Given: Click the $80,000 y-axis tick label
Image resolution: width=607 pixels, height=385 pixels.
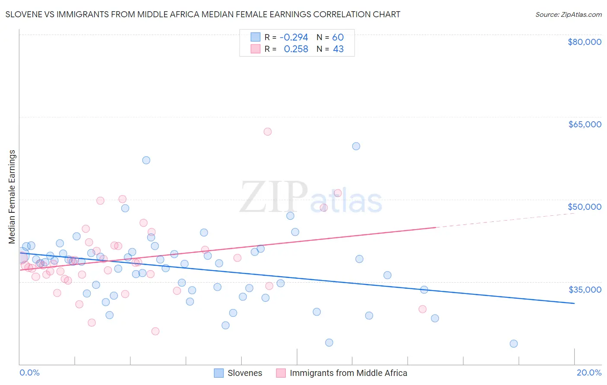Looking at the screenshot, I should [584, 42].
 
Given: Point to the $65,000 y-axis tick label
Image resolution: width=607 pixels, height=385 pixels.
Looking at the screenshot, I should [585, 124].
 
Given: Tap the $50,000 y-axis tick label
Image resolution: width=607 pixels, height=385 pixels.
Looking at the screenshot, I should [584, 207].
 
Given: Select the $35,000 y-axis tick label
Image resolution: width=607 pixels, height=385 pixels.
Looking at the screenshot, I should [585, 290].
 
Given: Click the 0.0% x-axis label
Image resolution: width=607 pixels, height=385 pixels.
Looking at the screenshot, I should [29, 373].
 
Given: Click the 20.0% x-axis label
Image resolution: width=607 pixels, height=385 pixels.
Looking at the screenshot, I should [589, 373].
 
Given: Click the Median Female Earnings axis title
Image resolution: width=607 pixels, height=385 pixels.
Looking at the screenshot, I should [12, 197].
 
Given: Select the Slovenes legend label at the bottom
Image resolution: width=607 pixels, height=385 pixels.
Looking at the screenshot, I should [245, 373].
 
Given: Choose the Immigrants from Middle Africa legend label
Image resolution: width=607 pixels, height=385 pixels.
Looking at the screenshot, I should [348, 373].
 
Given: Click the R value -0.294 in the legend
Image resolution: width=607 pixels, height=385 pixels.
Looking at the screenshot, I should [294, 38].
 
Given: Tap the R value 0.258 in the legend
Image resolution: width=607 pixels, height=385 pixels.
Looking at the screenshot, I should [296, 49].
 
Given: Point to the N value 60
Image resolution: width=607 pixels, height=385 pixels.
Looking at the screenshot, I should [338, 38].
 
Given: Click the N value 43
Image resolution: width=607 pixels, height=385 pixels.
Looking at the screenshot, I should [338, 49].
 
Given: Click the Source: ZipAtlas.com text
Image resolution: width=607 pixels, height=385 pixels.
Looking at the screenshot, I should [568, 15].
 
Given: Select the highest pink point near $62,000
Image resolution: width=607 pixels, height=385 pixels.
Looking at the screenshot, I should [268, 132].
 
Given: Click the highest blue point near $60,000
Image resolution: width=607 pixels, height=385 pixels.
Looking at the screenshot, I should [356, 146].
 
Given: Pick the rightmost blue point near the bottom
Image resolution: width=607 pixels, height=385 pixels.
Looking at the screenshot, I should [514, 344].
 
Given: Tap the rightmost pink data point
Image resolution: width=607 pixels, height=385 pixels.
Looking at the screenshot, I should [423, 309].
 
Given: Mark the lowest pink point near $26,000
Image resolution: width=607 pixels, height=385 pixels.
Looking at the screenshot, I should [155, 331].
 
